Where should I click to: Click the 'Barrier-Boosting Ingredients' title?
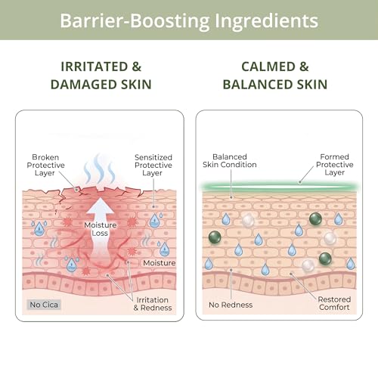coord(189,20)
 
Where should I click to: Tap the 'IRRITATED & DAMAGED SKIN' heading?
coord(101,76)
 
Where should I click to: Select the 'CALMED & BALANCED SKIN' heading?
coord(275,76)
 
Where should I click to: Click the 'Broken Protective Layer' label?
coord(45,165)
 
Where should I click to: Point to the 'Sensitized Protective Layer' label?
coord(153,165)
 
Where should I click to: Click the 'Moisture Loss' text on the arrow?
coord(101,229)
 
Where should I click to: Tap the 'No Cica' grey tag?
coord(44,305)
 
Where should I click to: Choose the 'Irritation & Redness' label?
coord(153,304)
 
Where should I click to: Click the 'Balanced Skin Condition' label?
coord(230,160)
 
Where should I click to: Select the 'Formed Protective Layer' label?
coord(335,164)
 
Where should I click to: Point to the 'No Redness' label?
coord(231,305)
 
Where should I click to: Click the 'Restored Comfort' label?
coord(334,303)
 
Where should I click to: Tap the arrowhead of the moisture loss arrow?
coord(101,206)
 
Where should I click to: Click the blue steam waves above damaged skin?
coord(99,169)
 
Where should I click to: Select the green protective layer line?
coord(279,187)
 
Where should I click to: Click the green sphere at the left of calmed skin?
coord(215,237)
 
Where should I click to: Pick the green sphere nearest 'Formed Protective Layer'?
coord(315,218)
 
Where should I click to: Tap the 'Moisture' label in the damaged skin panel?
coord(160,263)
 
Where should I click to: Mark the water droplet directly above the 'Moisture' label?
coord(164,249)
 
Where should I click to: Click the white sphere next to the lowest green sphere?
coord(308,265)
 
